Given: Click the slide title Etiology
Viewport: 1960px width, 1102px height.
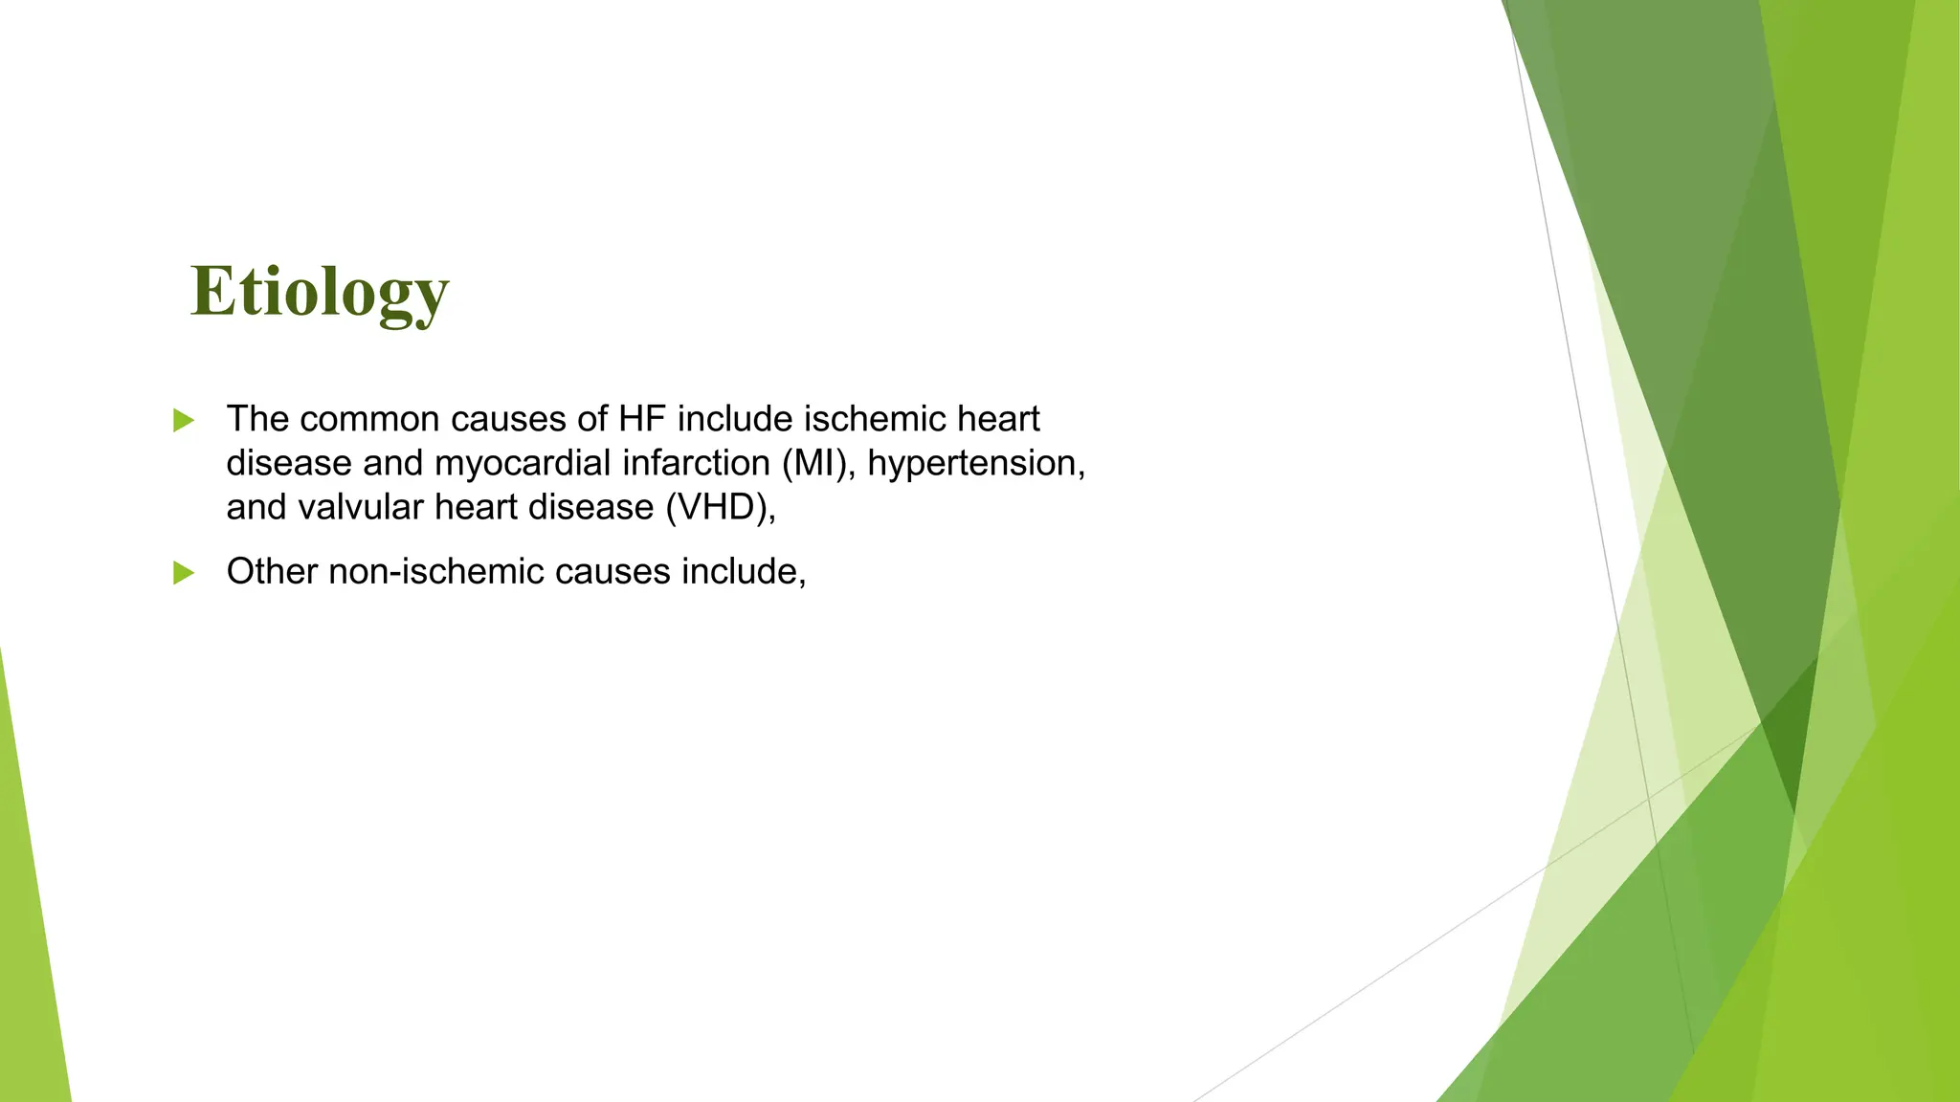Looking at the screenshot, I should pos(320,292).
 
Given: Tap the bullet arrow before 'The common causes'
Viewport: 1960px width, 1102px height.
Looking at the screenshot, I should pos(184,420).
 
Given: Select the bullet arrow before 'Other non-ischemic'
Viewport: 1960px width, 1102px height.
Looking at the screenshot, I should pos(184,573).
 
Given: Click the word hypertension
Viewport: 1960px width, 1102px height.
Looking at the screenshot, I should pos(976,463).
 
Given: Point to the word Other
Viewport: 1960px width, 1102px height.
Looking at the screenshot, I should pos(272,572).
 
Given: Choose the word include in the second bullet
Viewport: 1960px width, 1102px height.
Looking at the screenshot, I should pos(743,572).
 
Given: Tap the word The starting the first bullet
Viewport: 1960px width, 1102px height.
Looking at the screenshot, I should pos(256,419).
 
